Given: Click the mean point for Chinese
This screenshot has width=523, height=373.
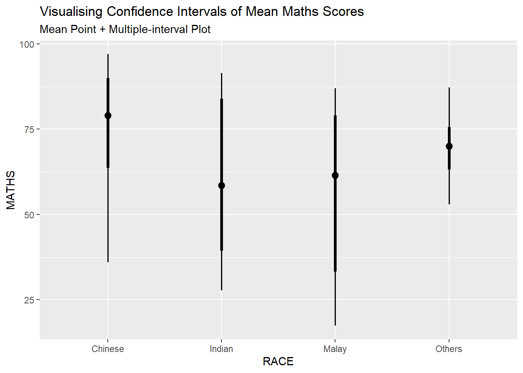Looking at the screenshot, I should pos(108,115).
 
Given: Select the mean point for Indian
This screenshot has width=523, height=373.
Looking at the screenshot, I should pos(221,185).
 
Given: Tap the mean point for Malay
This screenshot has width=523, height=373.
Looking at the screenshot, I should pos(335,175).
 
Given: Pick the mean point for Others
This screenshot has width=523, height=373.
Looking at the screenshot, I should pos(449,146).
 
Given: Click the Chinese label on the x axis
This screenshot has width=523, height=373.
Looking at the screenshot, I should pos(108,349).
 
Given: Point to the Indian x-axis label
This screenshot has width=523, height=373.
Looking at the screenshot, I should pos(221,349).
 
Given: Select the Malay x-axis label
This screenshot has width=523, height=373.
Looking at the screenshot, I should pos(335,349).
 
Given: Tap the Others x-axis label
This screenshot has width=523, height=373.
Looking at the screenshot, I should pos(449,349).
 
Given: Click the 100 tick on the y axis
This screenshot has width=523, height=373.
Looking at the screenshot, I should pos(27,44).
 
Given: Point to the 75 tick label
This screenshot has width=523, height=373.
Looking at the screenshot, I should pos(29,129).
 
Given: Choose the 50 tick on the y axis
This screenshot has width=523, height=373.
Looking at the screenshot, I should pos(29,215).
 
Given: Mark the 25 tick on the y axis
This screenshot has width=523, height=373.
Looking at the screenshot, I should pos(29,300).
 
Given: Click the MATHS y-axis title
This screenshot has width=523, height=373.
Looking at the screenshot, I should pos(11,190).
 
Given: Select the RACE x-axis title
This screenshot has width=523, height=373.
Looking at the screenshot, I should pos(278,361).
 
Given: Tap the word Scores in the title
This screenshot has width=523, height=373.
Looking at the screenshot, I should pos(343,12).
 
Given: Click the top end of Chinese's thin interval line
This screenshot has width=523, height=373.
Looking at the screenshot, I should pos(108,55).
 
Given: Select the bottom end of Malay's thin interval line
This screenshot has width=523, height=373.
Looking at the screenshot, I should pos(335,325).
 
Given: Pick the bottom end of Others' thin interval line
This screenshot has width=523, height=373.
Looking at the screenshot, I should pos(449,204).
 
